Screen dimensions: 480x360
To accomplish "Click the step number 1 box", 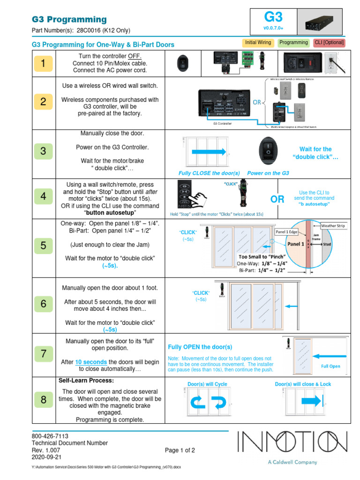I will click(x=43, y=64).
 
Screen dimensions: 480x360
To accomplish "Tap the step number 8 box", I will click(x=43, y=400).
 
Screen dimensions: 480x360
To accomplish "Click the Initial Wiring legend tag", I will click(x=258, y=43).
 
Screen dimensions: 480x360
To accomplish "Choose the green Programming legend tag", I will click(x=293, y=43).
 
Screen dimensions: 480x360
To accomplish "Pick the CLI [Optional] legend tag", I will click(x=330, y=43).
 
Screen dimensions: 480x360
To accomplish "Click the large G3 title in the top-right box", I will click(x=273, y=18).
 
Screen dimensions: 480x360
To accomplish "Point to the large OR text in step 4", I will click(x=277, y=199).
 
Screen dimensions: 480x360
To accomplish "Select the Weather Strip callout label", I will click(x=333, y=225).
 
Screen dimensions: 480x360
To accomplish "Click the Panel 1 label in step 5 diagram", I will click(x=296, y=244).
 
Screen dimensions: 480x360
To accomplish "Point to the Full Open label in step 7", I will click(x=330, y=366).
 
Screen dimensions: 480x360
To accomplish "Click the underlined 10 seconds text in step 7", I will click(x=91, y=362).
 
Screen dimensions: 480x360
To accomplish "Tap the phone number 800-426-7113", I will click(x=47, y=436).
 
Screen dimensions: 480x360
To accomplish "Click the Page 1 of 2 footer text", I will click(x=180, y=450).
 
